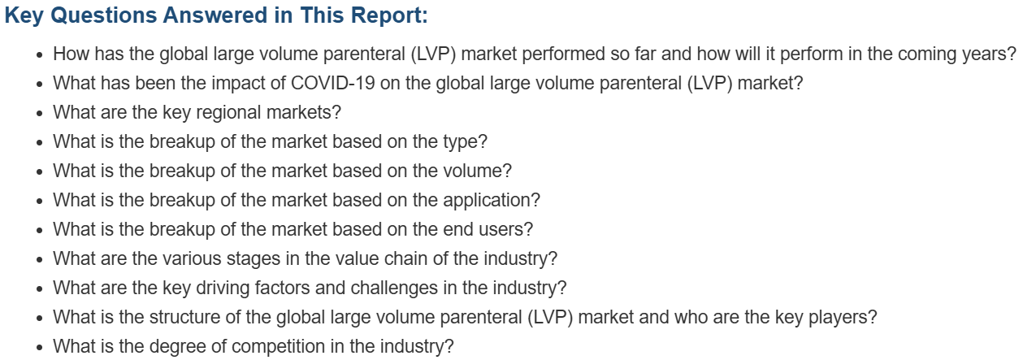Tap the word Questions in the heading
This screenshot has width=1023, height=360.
(104, 15)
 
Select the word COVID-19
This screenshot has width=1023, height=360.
(332, 83)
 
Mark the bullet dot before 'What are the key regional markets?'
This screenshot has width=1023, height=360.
(40, 113)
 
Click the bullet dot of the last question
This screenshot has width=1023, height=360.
(40, 347)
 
